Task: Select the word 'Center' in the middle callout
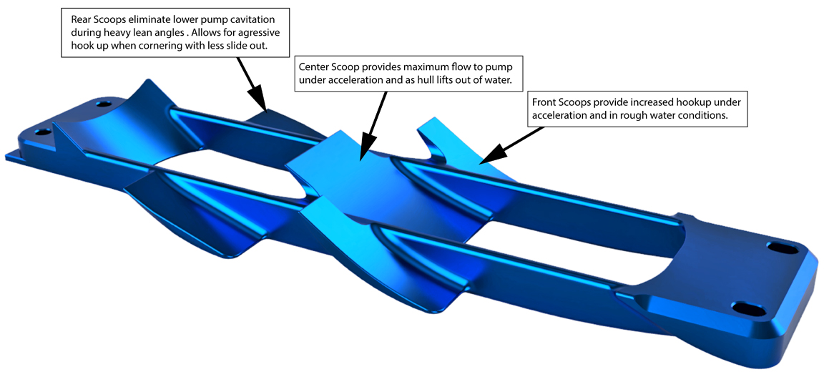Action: click(x=313, y=68)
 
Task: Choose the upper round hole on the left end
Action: click(x=101, y=104)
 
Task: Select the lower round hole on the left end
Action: click(x=41, y=132)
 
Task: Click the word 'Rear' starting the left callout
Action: click(x=80, y=20)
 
